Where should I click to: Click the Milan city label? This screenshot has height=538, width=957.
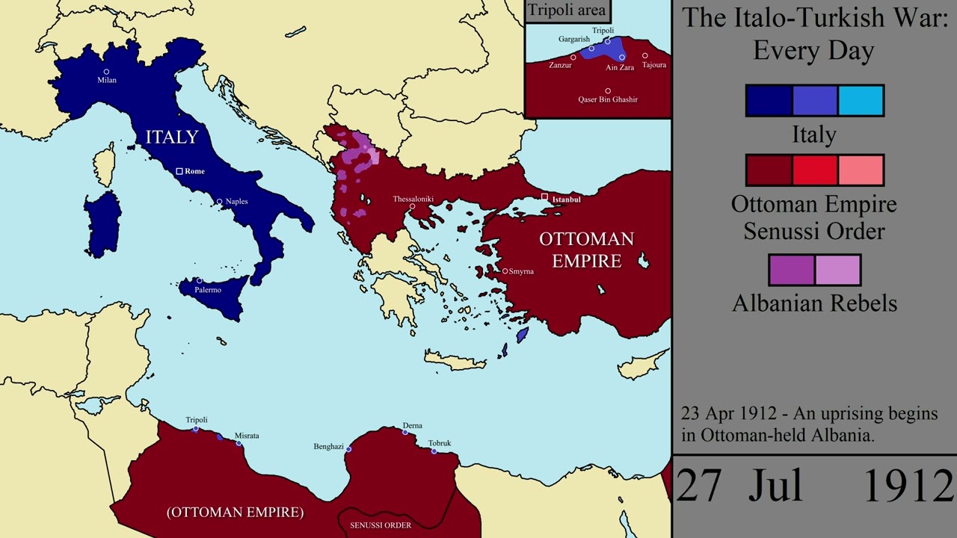106,80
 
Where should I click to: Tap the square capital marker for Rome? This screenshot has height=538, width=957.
179,171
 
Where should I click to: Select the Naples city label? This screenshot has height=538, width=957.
236,201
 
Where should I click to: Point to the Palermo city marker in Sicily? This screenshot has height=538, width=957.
200,281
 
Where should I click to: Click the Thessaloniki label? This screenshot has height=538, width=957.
413,199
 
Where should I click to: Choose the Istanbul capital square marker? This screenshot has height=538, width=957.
545,197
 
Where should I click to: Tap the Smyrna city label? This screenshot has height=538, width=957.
521,271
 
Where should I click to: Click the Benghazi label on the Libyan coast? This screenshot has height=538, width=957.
328,447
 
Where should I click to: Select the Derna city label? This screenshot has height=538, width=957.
412,425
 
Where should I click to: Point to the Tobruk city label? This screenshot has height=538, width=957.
440,443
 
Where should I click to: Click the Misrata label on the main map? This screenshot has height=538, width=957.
247,435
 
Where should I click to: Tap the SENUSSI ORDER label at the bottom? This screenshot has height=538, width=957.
381,525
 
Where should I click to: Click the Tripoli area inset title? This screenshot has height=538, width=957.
567,10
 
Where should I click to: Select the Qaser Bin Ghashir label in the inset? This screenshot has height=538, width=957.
608,99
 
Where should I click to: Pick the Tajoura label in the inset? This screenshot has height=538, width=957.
653,65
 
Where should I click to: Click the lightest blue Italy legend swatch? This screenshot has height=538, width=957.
861,101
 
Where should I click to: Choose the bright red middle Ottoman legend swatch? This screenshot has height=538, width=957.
814,170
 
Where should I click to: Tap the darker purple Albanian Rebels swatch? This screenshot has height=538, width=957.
792,270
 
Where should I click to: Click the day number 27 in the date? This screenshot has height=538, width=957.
699,486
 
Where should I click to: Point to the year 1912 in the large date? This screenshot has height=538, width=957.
908,486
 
